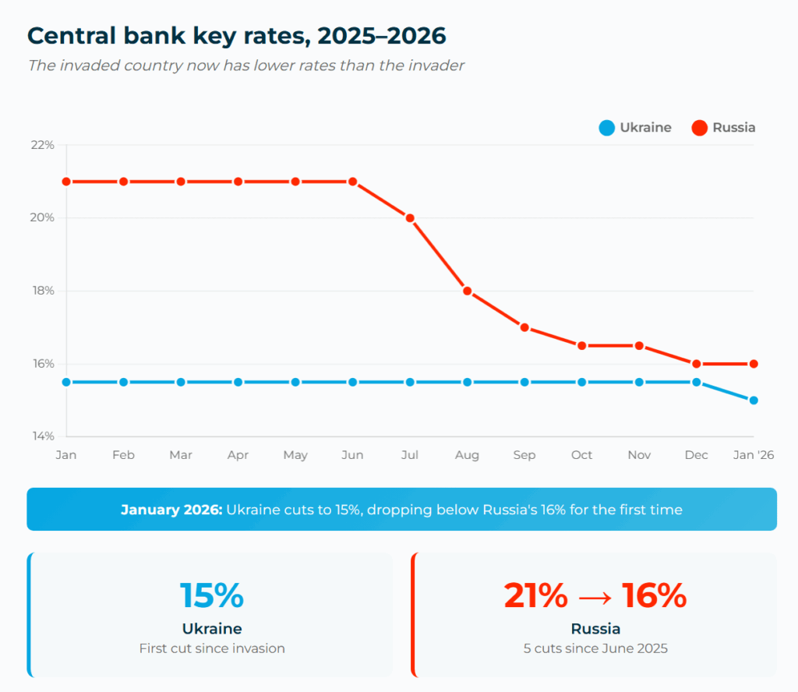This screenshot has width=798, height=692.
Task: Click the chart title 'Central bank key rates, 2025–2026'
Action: coord(236,36)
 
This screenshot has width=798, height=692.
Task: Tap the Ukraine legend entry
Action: coord(635,128)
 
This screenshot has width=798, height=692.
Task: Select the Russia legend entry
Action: coord(724,128)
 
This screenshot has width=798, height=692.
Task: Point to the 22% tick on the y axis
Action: coord(43,145)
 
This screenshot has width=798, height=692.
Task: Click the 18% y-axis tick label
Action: coord(43,291)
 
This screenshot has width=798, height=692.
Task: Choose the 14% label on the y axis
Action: coord(43,436)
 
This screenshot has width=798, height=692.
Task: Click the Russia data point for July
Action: coord(410,218)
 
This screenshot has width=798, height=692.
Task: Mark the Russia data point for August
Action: coord(468,291)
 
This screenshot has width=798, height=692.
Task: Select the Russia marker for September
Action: coord(524,327)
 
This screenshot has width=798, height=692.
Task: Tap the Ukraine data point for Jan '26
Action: coord(754,401)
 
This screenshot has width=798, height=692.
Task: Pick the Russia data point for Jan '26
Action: coord(754,364)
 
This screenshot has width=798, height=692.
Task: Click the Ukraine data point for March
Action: coord(181,382)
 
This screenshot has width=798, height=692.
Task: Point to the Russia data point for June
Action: coord(353,182)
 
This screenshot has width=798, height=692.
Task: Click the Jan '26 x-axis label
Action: coord(753,455)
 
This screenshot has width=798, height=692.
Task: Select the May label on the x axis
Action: coord(295,455)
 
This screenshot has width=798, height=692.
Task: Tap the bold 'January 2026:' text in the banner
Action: coord(171,510)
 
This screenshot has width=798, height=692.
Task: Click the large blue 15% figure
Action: coord(212,596)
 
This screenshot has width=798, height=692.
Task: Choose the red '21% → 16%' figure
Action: coord(595,596)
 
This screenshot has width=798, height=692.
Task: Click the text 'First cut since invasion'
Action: coord(212,648)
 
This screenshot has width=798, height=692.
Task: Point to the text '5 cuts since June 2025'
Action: coord(595,648)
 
